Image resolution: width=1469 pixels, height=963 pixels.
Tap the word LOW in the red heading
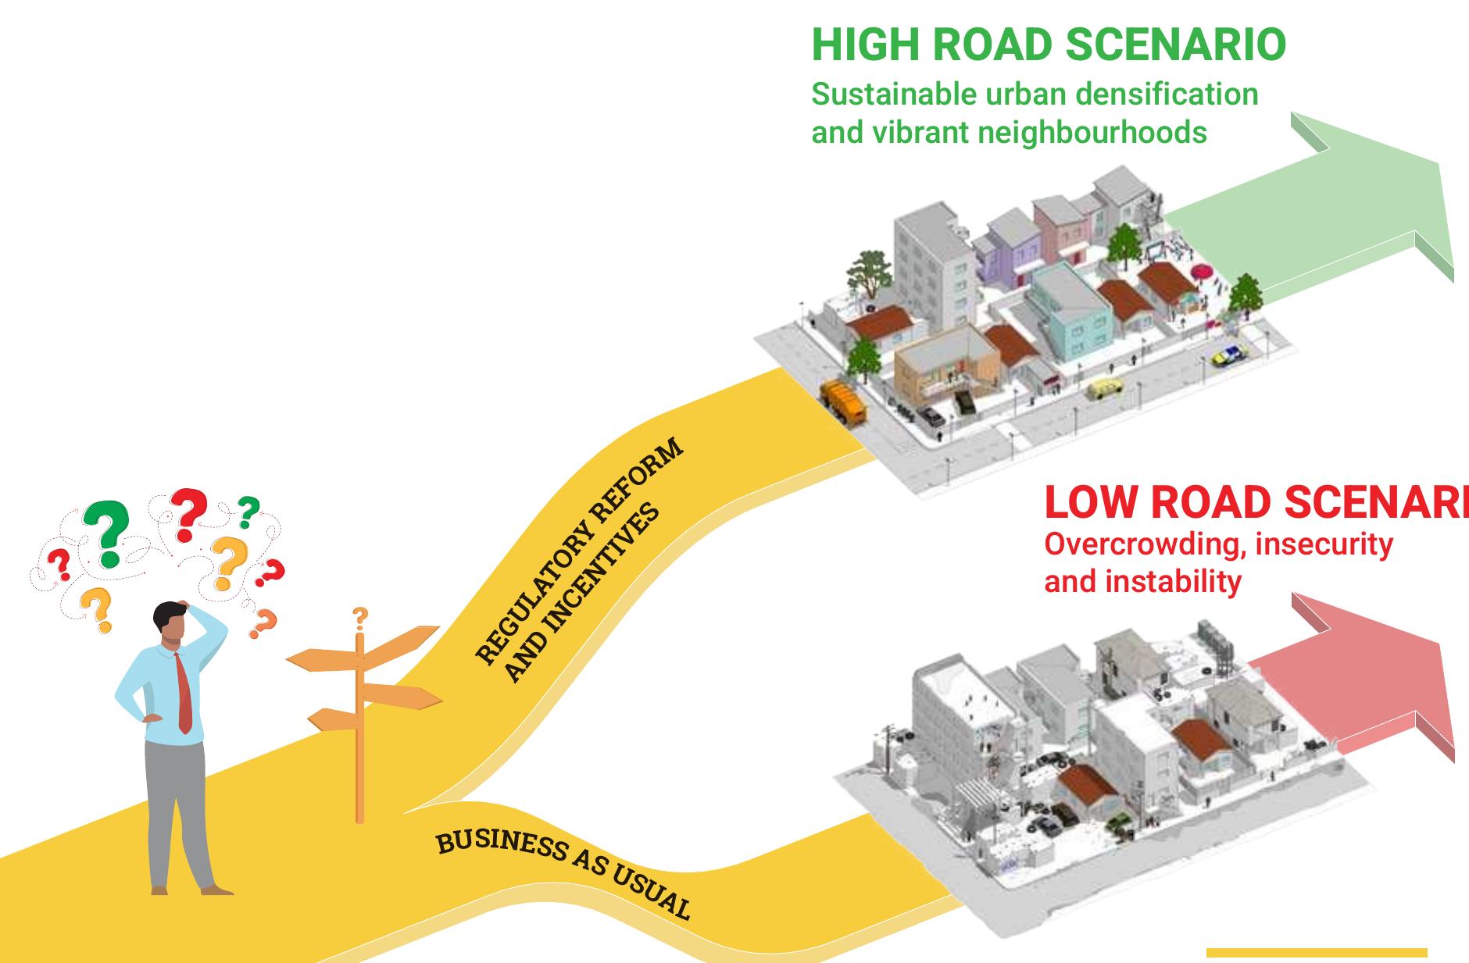(1092, 503)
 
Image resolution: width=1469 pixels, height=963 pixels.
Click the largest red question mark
(188, 513)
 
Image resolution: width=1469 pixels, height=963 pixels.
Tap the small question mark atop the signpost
(359, 618)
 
